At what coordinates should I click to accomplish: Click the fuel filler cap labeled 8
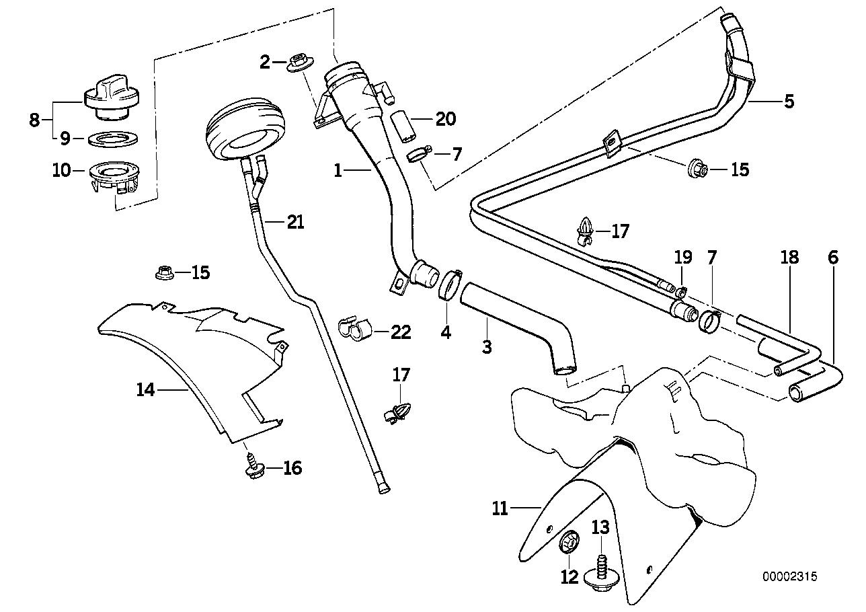(x=111, y=98)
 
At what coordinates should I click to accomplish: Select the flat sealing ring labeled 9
(x=112, y=139)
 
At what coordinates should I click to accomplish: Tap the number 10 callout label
(x=61, y=170)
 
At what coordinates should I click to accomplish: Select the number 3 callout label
(x=487, y=347)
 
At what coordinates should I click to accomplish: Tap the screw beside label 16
(x=253, y=467)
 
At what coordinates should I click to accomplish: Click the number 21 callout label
(x=295, y=222)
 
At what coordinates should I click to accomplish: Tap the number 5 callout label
(x=788, y=102)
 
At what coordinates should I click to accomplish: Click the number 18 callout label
(x=789, y=257)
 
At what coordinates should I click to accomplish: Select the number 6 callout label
(x=834, y=257)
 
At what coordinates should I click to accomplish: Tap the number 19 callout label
(x=682, y=257)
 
